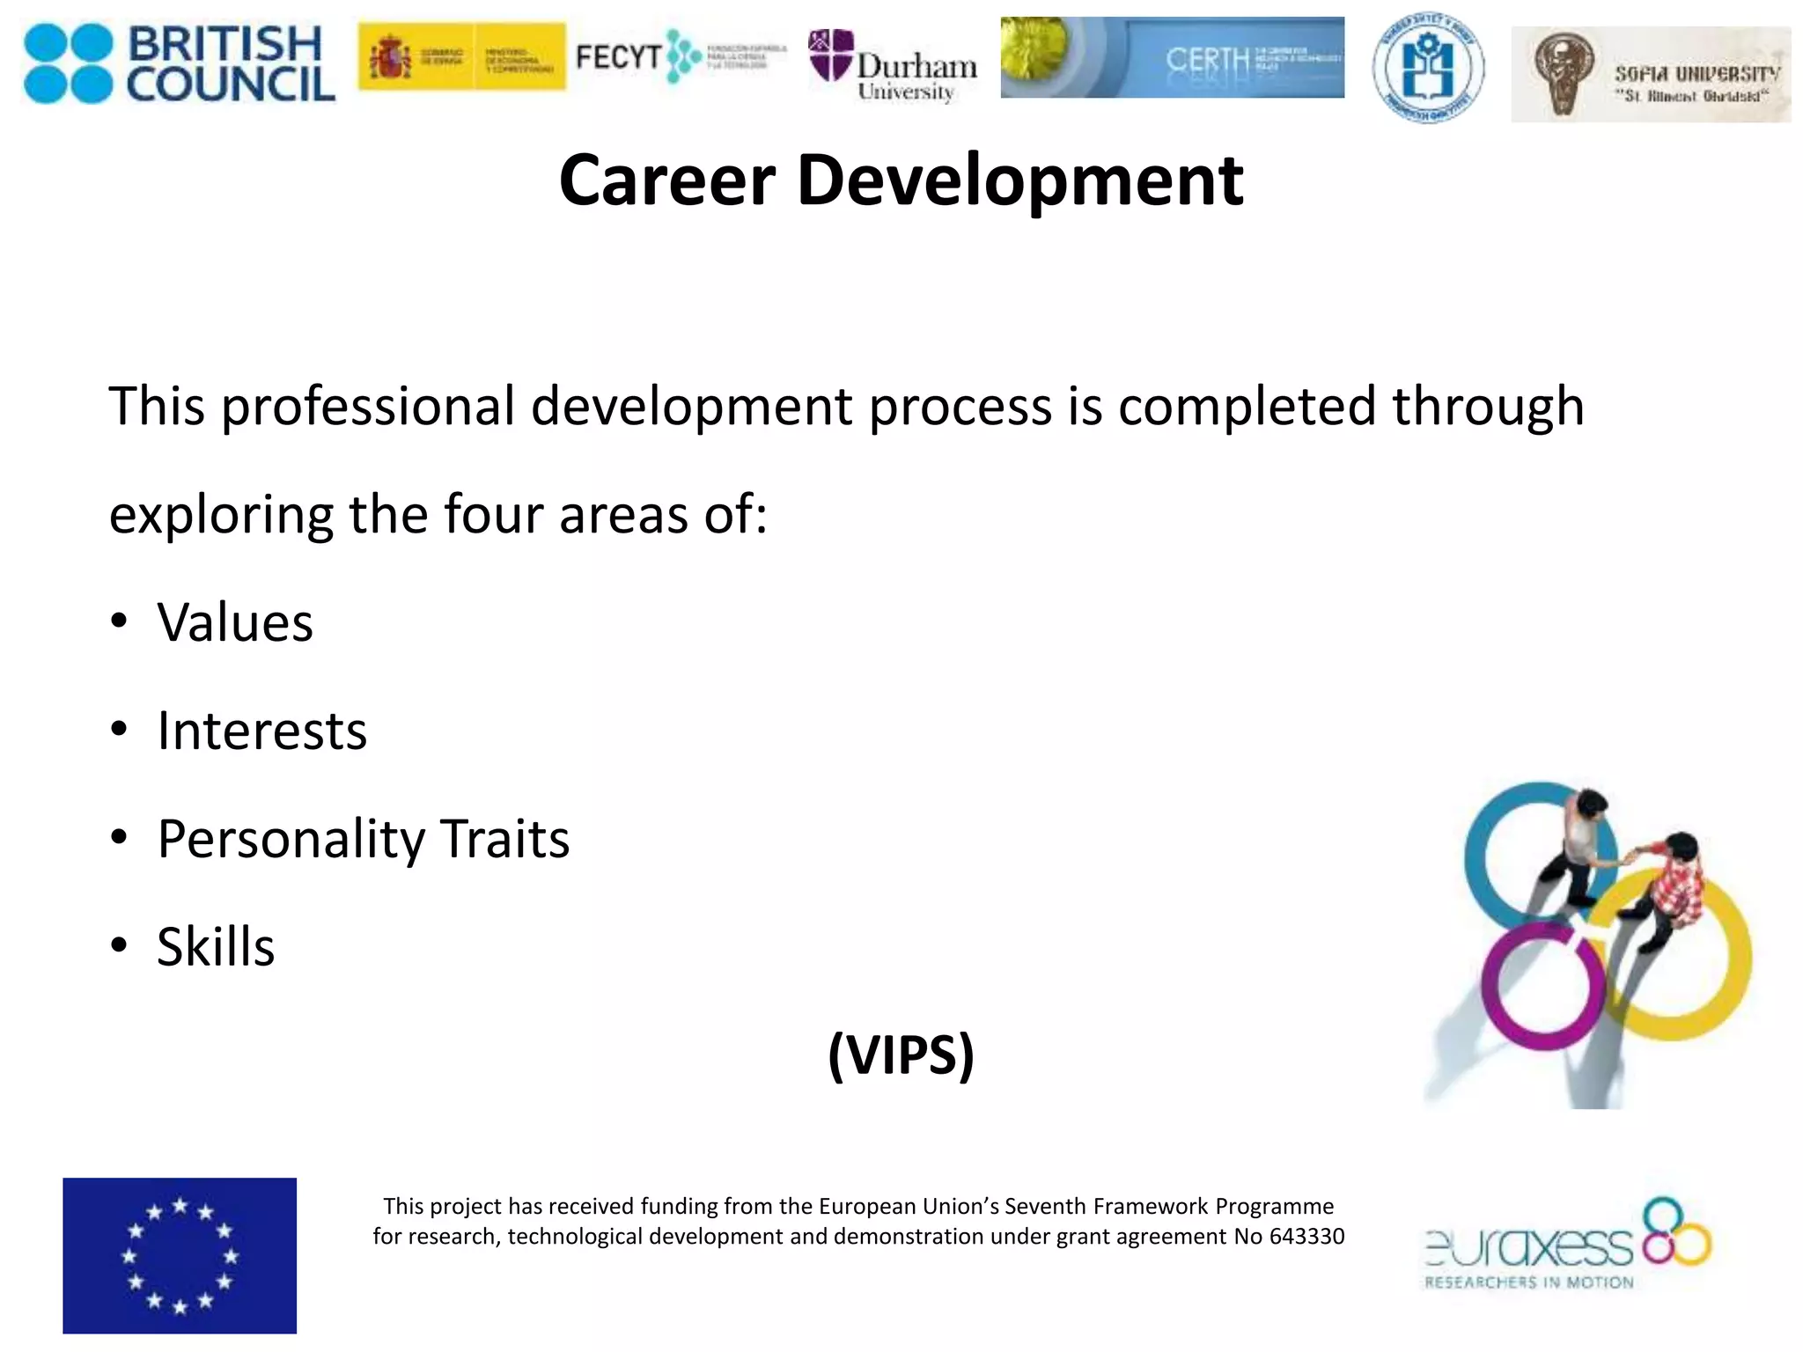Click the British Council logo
click(180, 63)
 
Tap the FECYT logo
click(680, 57)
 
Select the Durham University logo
click(893, 67)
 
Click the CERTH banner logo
click(1172, 57)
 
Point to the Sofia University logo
click(1650, 74)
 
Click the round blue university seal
click(1428, 69)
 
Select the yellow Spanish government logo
click(461, 57)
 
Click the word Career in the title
click(667, 180)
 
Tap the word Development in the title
click(1019, 180)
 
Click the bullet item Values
click(235, 623)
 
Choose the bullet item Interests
click(261, 731)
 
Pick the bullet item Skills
click(216, 947)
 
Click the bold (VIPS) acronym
click(901, 1054)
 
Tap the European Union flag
click(180, 1255)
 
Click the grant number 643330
click(1306, 1237)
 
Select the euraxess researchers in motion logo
click(1567, 1243)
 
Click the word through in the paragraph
click(1488, 407)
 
